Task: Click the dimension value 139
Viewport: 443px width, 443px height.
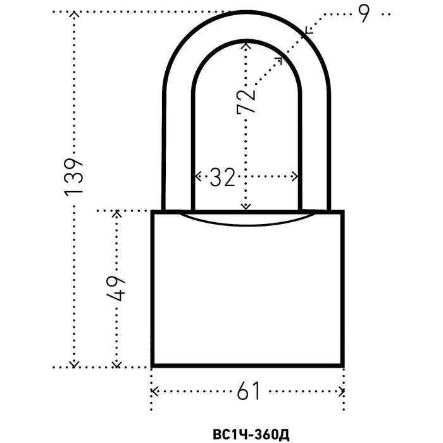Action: point(75,175)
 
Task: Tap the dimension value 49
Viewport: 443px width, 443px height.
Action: point(116,289)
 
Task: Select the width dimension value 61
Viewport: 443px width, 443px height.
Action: point(249,392)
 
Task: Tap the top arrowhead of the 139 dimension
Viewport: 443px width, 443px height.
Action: point(75,14)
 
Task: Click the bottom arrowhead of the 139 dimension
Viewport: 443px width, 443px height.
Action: point(75,363)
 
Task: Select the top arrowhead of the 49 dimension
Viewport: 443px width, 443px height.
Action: point(116,213)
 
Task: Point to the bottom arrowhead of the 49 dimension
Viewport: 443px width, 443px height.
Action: point(116,363)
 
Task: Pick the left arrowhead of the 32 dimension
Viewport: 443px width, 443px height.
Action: point(196,176)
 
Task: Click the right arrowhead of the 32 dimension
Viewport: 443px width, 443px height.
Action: point(296,176)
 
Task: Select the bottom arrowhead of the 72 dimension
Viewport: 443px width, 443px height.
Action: point(246,207)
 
